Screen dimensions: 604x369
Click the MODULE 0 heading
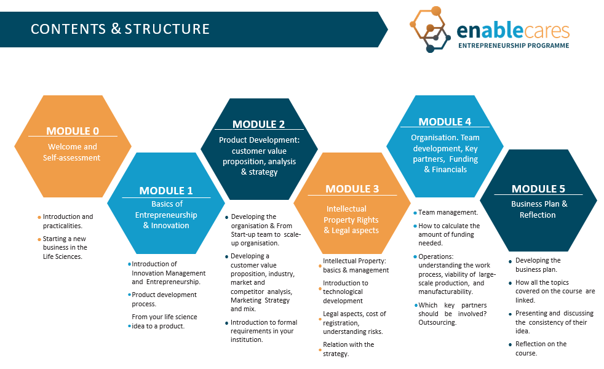coord(73,131)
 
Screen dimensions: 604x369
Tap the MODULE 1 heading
coord(166,191)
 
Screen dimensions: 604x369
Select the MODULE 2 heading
coord(258,124)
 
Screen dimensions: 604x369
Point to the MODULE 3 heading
coord(352,189)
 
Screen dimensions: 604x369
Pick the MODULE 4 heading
coord(445,122)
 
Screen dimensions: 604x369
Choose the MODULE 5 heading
coord(538,189)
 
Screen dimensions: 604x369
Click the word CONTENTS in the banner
coord(68,29)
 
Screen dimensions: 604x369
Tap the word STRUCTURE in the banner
coord(167,29)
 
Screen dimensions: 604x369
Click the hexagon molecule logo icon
coord(429,30)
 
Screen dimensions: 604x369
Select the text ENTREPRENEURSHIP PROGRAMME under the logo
coord(514,46)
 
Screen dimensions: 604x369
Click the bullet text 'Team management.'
coord(448,212)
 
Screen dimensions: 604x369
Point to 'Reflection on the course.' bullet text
coord(541,349)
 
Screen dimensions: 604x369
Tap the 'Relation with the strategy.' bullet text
coord(348,349)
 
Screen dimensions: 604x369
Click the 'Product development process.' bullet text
coord(164,300)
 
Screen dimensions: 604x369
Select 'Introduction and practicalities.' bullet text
coord(68,221)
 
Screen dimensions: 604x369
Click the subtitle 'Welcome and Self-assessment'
coord(72,152)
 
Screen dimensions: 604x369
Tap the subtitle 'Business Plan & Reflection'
coord(539,209)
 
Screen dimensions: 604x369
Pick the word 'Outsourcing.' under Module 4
coord(437,322)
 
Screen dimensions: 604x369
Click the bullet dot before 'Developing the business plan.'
coord(510,261)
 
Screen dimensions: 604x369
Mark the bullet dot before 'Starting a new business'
coord(39,240)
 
